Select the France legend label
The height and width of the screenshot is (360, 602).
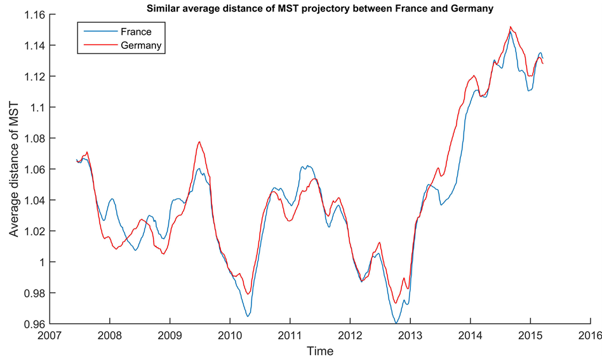[x=135, y=31]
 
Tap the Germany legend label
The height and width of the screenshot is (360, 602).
[x=141, y=46]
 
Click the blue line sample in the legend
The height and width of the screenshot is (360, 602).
[x=97, y=31]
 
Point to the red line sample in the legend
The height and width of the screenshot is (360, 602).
[x=97, y=46]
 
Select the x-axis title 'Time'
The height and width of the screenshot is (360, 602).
[x=320, y=350]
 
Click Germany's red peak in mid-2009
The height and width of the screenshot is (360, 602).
[x=199, y=142]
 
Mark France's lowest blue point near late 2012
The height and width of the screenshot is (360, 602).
[x=396, y=324]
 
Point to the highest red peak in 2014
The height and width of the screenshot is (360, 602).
[x=511, y=27]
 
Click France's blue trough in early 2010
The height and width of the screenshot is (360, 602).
[x=248, y=316]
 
